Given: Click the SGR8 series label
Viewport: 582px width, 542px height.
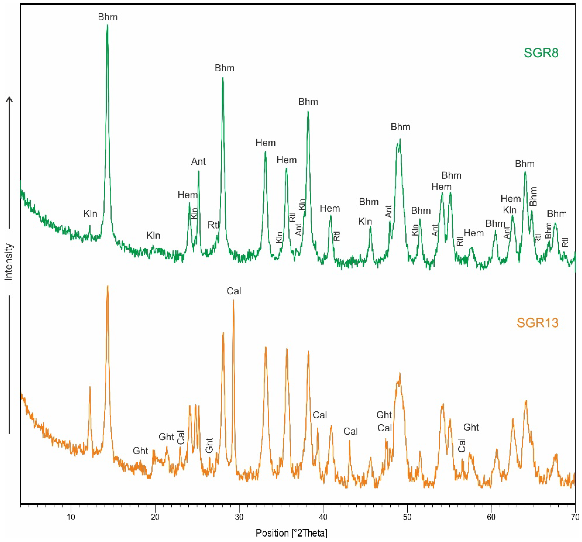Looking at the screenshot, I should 541,53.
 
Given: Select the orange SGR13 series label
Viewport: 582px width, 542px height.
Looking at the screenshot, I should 538,323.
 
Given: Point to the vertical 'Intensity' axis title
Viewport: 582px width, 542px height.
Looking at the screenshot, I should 9,262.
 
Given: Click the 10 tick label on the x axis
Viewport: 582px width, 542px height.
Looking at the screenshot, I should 71,517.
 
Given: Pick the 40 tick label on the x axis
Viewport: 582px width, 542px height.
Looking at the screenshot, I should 323,517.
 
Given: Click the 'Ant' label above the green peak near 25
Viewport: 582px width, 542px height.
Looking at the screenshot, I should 198,161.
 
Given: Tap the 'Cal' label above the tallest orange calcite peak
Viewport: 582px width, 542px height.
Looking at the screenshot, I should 234,291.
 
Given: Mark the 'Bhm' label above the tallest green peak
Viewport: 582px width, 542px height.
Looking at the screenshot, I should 108,17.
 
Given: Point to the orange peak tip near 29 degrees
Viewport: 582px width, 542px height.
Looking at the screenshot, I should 233,300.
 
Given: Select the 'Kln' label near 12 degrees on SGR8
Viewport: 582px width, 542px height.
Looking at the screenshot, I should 90,214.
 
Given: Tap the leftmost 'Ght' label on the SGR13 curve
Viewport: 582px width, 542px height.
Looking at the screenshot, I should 140,451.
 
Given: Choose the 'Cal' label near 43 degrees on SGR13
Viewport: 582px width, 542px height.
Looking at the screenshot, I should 351,431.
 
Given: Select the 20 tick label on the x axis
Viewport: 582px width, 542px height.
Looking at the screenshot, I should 155,517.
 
